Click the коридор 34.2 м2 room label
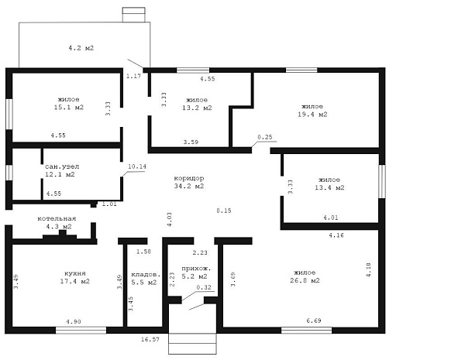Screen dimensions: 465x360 pos(189,182)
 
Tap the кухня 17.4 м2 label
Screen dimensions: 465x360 pos(75,277)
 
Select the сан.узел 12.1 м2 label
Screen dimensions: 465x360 pos(62,170)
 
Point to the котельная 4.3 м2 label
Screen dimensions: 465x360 pos(57,222)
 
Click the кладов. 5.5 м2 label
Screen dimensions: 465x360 pos(146,279)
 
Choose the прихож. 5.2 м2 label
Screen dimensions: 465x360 pos(196,273)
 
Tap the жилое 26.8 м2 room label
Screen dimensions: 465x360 pos(305,276)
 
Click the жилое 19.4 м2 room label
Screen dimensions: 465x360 pos(312,111)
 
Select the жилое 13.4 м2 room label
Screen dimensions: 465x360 pos(329,183)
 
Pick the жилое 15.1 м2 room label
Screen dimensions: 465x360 pos(69,103)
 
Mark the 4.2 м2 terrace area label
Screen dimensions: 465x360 pos(81,48)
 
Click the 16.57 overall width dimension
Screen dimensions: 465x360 pos(150,339)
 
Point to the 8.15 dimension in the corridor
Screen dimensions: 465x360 pos(224,211)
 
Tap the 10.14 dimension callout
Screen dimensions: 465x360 pos(137,166)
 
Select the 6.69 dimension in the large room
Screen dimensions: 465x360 pos(314,321)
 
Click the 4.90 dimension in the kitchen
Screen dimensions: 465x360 pos(74,321)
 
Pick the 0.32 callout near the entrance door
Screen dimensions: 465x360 pos(204,287)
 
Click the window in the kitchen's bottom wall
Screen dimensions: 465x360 pos(81,330)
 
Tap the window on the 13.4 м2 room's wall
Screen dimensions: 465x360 pos(382,181)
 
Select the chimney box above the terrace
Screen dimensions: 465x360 pos(134,15)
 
